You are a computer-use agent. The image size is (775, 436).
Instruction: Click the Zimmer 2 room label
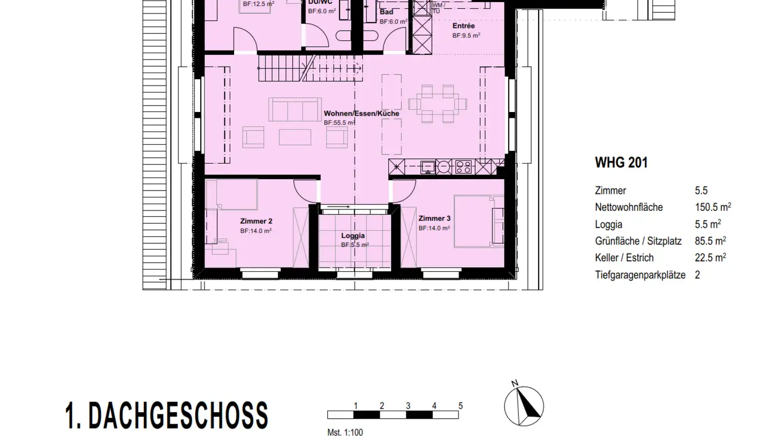pos(256,221)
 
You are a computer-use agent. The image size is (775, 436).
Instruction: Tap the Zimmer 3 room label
pos(434,219)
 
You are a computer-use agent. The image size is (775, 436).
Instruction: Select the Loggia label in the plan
pos(353,236)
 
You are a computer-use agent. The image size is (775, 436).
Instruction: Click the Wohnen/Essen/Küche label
pos(361,114)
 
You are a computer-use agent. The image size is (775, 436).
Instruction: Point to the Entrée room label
pos(463,26)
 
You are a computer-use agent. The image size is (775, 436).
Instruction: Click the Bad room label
pos(386,12)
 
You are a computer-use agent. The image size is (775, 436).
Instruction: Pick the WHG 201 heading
pos(621,163)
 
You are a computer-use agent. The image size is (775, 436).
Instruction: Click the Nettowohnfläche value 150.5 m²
pos(713,207)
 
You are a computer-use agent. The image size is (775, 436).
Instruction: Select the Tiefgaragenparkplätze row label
pos(640,275)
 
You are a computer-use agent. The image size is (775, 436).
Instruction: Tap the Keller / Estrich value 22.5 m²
pos(710,258)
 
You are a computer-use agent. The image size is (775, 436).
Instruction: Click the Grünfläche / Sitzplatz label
pos(639,241)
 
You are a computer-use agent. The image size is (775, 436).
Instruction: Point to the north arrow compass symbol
pos(524,405)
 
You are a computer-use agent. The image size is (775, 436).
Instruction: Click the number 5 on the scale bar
pos(460,406)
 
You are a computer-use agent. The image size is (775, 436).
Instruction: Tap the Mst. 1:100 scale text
pos(345,432)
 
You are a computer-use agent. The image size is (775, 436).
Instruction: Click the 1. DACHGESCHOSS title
pos(166,416)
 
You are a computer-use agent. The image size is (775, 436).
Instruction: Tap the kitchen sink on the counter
pos(429,166)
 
